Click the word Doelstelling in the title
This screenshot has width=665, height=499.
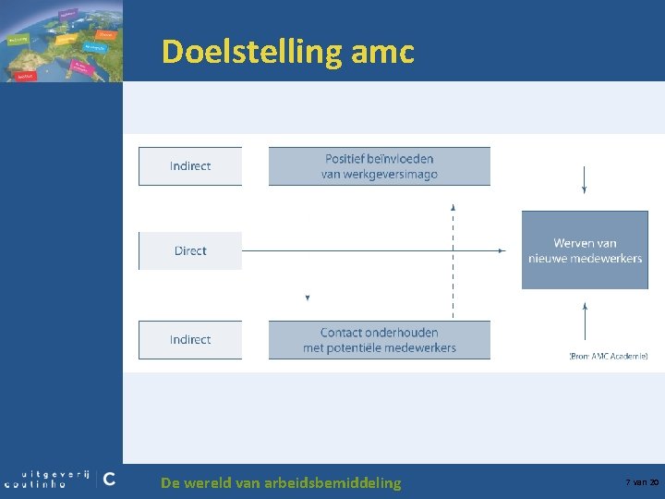click(x=252, y=52)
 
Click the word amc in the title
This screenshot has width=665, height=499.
click(x=382, y=52)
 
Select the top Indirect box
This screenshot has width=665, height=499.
click(x=190, y=166)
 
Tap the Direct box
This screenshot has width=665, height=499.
click(x=190, y=251)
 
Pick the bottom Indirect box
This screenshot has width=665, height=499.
click(x=190, y=340)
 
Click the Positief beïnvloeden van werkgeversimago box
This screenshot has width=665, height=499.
click(x=380, y=166)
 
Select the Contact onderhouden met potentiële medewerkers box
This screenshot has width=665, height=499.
click(x=380, y=340)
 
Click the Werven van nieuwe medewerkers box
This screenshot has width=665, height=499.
click(x=585, y=250)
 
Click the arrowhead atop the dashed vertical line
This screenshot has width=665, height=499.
click(x=453, y=208)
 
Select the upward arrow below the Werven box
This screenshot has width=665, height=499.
click(x=584, y=306)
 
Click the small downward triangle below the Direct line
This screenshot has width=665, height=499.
click(x=308, y=298)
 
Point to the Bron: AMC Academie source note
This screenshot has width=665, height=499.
click(x=608, y=356)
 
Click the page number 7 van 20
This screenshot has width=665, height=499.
click(x=642, y=482)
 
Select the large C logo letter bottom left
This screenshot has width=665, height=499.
click(x=109, y=479)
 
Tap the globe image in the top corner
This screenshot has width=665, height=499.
click(x=60, y=41)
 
